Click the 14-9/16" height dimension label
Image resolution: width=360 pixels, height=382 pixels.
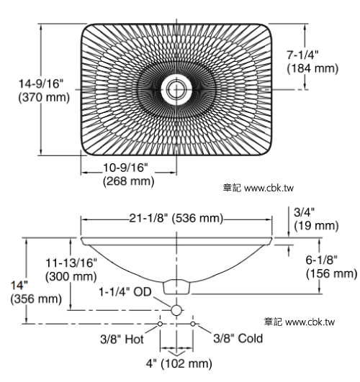click(41, 83)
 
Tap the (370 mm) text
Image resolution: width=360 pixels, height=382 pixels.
click(44, 97)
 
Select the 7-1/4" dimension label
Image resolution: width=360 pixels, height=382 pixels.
click(302, 55)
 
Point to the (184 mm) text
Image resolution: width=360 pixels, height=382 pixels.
click(312, 68)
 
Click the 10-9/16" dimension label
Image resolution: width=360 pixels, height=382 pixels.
click(125, 168)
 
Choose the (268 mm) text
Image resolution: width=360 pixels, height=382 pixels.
click(129, 181)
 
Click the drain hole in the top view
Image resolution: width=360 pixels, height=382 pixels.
click(176, 89)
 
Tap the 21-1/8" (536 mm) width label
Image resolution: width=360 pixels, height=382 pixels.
click(176, 218)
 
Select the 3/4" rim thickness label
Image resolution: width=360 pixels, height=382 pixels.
click(304, 212)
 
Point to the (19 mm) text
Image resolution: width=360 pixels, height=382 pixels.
click(316, 226)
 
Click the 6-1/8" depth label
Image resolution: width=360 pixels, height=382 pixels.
click(322, 260)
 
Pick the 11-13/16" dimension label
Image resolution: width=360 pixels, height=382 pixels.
click(71, 263)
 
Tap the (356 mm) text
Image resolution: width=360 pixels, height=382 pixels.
click(36, 299)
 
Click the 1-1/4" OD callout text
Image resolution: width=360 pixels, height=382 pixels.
click(125, 291)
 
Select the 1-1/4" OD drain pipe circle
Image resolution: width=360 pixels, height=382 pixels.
click(176, 310)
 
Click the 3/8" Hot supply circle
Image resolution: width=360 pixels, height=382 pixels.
click(160, 324)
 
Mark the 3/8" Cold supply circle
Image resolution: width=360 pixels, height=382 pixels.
click(193, 324)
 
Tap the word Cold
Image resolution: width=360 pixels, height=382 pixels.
click(251, 338)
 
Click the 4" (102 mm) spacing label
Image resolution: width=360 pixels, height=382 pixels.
click(179, 364)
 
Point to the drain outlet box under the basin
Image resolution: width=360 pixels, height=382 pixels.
click(176, 287)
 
